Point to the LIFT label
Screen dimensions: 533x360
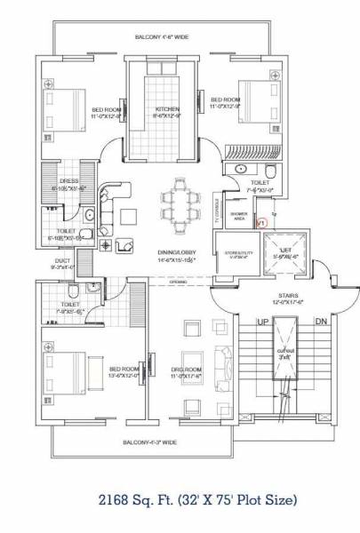[285, 251]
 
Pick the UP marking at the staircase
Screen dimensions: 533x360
[262, 322]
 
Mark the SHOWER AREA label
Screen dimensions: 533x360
[237, 217]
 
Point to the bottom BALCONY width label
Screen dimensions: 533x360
[152, 442]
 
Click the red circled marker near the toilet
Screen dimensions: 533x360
[260, 224]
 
